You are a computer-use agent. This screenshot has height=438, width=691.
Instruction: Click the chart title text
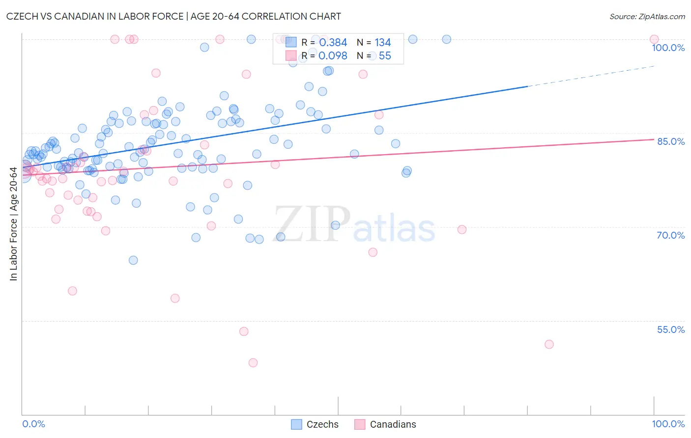click(x=173, y=16)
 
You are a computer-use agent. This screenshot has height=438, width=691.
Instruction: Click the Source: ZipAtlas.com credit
click(x=647, y=16)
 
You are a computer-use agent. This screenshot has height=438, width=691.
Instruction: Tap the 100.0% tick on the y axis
click(x=668, y=48)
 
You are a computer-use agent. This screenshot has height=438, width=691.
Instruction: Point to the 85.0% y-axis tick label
click(x=670, y=141)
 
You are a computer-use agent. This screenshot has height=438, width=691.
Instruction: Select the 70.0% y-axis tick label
click(x=670, y=235)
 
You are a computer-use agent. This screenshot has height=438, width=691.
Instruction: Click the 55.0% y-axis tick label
click(x=670, y=329)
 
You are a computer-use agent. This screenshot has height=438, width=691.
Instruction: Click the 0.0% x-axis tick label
click(x=33, y=424)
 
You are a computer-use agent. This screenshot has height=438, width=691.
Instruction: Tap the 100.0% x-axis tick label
click(x=668, y=424)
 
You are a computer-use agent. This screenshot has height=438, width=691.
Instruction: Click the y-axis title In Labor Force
click(x=13, y=224)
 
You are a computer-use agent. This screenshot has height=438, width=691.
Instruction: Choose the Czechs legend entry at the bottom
click(x=316, y=424)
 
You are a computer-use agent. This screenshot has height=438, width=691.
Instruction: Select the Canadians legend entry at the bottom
click(x=386, y=424)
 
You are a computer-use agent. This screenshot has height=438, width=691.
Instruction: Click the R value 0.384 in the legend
click(x=333, y=43)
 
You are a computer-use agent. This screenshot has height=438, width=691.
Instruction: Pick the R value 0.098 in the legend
click(x=333, y=56)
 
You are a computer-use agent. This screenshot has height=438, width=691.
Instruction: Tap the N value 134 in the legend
click(x=383, y=43)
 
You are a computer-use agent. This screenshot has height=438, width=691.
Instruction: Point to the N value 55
click(x=385, y=56)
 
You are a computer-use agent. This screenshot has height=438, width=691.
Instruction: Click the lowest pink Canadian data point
click(x=253, y=363)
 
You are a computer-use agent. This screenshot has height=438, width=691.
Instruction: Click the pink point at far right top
click(x=654, y=39)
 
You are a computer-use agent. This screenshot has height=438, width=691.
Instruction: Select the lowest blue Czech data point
click(x=133, y=260)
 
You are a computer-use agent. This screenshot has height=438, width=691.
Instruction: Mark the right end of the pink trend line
click(x=654, y=139)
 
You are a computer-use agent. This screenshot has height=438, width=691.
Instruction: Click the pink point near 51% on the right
click(x=549, y=344)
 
